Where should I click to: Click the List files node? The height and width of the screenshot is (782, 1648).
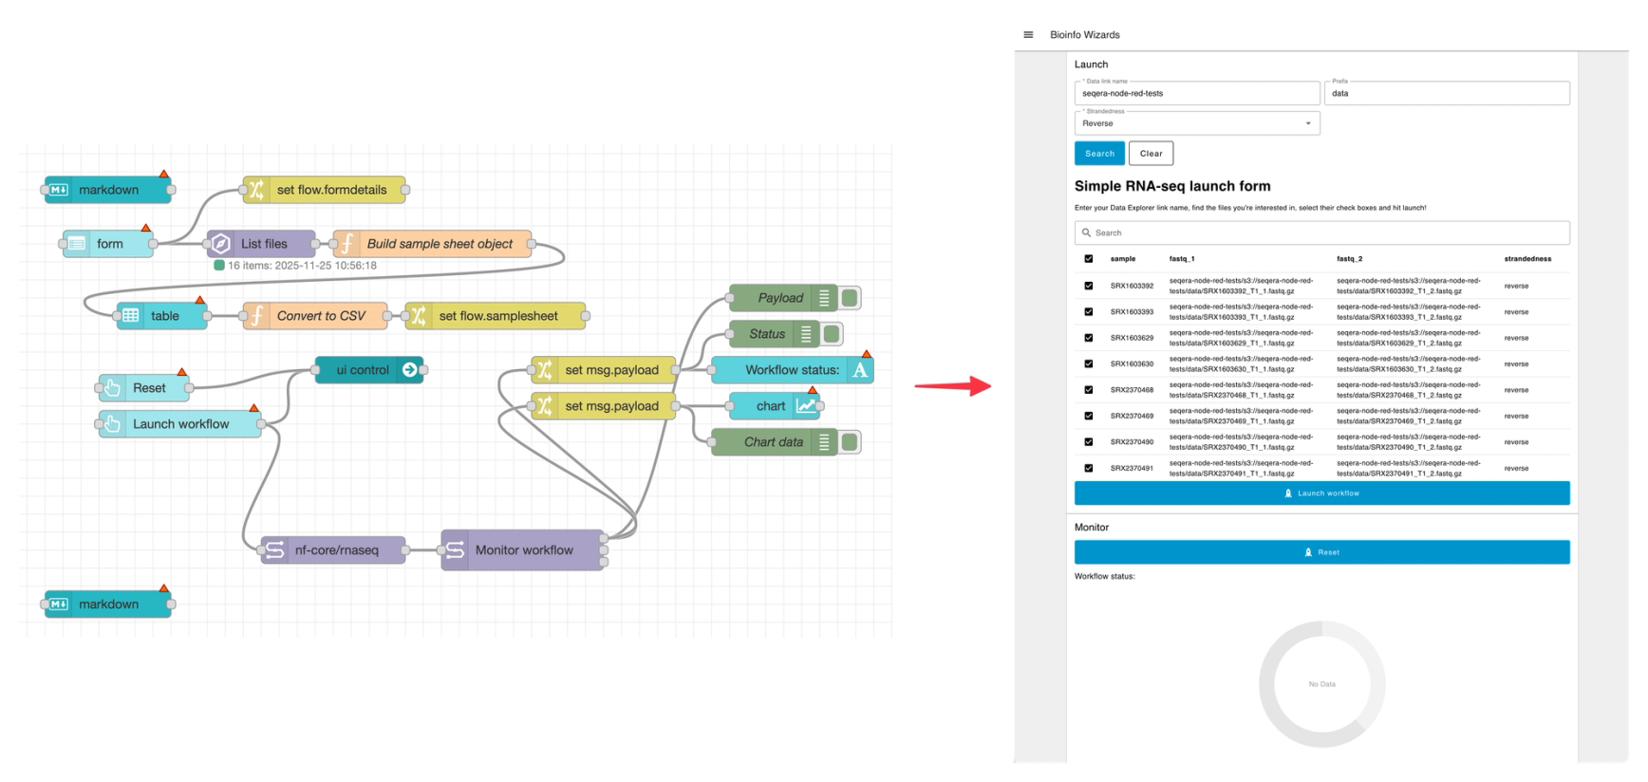pyautogui.click(x=262, y=244)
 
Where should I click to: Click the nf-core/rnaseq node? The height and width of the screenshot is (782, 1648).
pyautogui.click(x=334, y=549)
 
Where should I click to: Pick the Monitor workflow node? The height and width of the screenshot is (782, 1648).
pyautogui.click(x=522, y=549)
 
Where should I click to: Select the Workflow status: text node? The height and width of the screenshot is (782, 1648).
pyautogui.click(x=792, y=370)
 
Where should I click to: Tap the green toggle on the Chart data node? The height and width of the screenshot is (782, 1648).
pyautogui.click(x=850, y=442)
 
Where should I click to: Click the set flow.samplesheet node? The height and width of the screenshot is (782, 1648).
pyautogui.click(x=496, y=316)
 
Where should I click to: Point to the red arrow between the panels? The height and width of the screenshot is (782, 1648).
pyautogui.click(x=953, y=385)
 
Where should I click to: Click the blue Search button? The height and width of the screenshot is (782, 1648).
pyautogui.click(x=1099, y=154)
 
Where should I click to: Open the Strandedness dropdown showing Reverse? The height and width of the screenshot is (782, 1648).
pyautogui.click(x=1196, y=123)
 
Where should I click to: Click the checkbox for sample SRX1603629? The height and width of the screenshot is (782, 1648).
pyautogui.click(x=1089, y=338)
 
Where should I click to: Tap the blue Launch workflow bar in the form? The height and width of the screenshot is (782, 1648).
pyautogui.click(x=1321, y=493)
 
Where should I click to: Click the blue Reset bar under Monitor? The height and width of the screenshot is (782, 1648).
pyautogui.click(x=1321, y=552)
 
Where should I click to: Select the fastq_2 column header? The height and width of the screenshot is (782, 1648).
pyautogui.click(x=1349, y=259)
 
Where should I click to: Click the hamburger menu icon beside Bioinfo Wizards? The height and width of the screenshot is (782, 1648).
pyautogui.click(x=1028, y=35)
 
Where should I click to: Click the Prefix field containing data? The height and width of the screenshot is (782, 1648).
pyautogui.click(x=1446, y=94)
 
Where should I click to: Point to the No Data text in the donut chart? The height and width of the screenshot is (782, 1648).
pyautogui.click(x=1321, y=684)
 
